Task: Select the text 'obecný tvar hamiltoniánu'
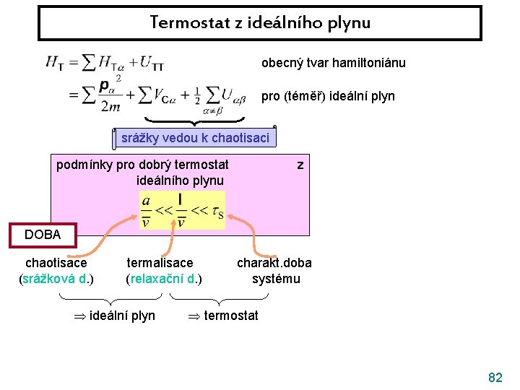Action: pyautogui.click(x=333, y=63)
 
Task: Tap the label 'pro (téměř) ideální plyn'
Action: pyautogui.click(x=328, y=95)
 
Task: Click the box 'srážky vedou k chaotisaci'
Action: pyautogui.click(x=195, y=138)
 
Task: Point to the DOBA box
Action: pyautogui.click(x=43, y=235)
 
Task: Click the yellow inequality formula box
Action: pyautogui.click(x=182, y=210)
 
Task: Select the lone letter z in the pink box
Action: pyautogui.click(x=300, y=165)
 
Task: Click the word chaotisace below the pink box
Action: pyautogui.click(x=56, y=264)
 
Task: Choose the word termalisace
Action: pyautogui.click(x=160, y=264)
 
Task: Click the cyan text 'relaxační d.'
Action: pyautogui.click(x=164, y=279)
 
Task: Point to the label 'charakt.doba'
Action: pyautogui.click(x=274, y=264)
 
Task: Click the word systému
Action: pyautogui.click(x=275, y=279)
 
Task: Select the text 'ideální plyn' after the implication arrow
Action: pyautogui.click(x=122, y=316)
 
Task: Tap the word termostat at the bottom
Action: pyautogui.click(x=231, y=316)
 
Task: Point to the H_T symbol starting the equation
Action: pyautogui.click(x=54, y=64)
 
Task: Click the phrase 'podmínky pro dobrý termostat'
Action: pyautogui.click(x=142, y=165)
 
